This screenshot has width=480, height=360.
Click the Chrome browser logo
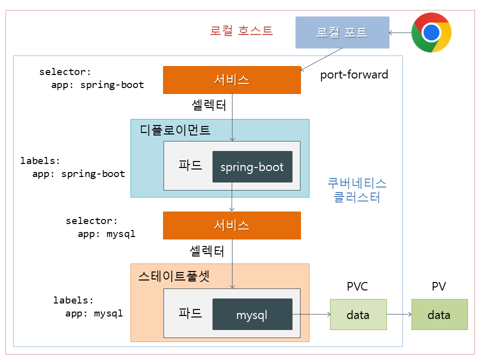pos(431,32)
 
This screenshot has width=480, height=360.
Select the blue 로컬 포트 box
pos(342,32)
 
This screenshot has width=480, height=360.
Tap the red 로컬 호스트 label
pos(241,31)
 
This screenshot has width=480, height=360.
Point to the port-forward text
pos(354,75)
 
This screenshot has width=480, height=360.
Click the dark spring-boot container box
pos(252,166)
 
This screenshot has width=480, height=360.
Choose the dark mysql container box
pos(252,314)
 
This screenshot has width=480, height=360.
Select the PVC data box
pos(358,314)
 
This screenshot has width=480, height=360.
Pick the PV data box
pos(439,314)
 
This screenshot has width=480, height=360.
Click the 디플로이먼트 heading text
pos(174,130)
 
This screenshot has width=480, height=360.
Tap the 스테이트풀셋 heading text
pos(173,276)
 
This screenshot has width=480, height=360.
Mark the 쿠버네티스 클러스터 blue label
pos(357,190)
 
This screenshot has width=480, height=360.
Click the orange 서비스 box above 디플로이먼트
pos(231,80)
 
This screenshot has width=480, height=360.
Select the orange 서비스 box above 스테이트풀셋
pos(231,225)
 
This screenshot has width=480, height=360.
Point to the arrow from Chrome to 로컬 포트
pos(400,33)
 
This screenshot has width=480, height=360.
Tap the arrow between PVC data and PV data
pos(399,314)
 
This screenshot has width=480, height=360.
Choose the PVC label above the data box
pos(357,287)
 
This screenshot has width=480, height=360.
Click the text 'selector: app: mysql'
pos(100,227)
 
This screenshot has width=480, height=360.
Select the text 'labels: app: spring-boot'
pos(72,167)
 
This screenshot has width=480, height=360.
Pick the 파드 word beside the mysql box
pos(190,313)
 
